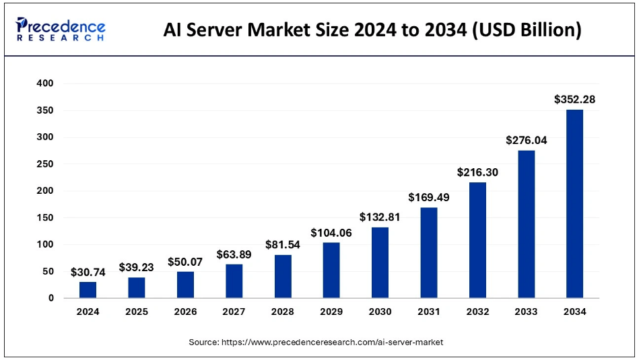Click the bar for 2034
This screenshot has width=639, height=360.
point(574,204)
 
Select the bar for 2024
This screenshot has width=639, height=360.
point(88,290)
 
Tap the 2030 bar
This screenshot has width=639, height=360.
point(380,262)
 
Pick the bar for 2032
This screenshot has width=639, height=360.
point(477,240)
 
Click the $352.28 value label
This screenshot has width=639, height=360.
point(574,100)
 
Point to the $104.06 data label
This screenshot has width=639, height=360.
point(331,233)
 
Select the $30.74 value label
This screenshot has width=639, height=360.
point(88,272)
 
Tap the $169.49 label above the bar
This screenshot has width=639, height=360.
point(429,198)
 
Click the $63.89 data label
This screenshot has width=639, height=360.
point(234,254)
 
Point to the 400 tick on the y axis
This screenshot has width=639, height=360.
point(45,83)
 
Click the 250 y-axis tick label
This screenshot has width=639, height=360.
point(45,164)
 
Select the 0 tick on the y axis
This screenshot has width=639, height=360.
point(51,298)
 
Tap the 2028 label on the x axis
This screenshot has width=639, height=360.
point(282,312)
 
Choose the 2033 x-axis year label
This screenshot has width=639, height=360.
point(526,312)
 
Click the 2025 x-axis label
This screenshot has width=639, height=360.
point(136,312)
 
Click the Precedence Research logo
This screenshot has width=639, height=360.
point(61,30)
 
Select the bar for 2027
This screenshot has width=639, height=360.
point(234,281)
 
